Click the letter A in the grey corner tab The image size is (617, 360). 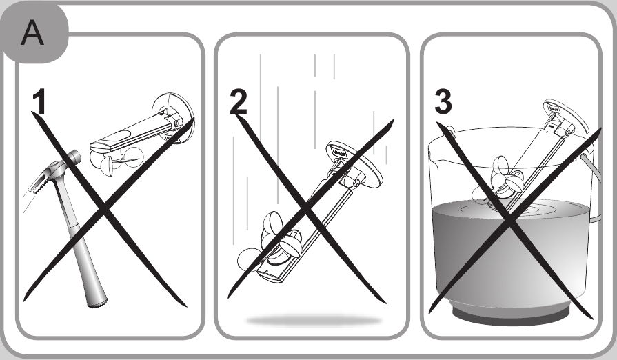[32, 33]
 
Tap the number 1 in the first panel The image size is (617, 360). [39, 101]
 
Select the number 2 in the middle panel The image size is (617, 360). [239, 101]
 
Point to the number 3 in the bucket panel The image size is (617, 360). [443, 101]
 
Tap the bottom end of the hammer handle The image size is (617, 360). [97, 303]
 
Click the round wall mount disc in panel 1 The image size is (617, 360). [174, 118]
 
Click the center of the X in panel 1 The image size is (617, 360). [104, 209]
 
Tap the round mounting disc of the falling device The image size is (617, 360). [354, 163]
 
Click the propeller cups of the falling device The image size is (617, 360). [271, 241]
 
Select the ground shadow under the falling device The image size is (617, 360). [314, 321]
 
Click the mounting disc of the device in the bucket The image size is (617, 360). [566, 116]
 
